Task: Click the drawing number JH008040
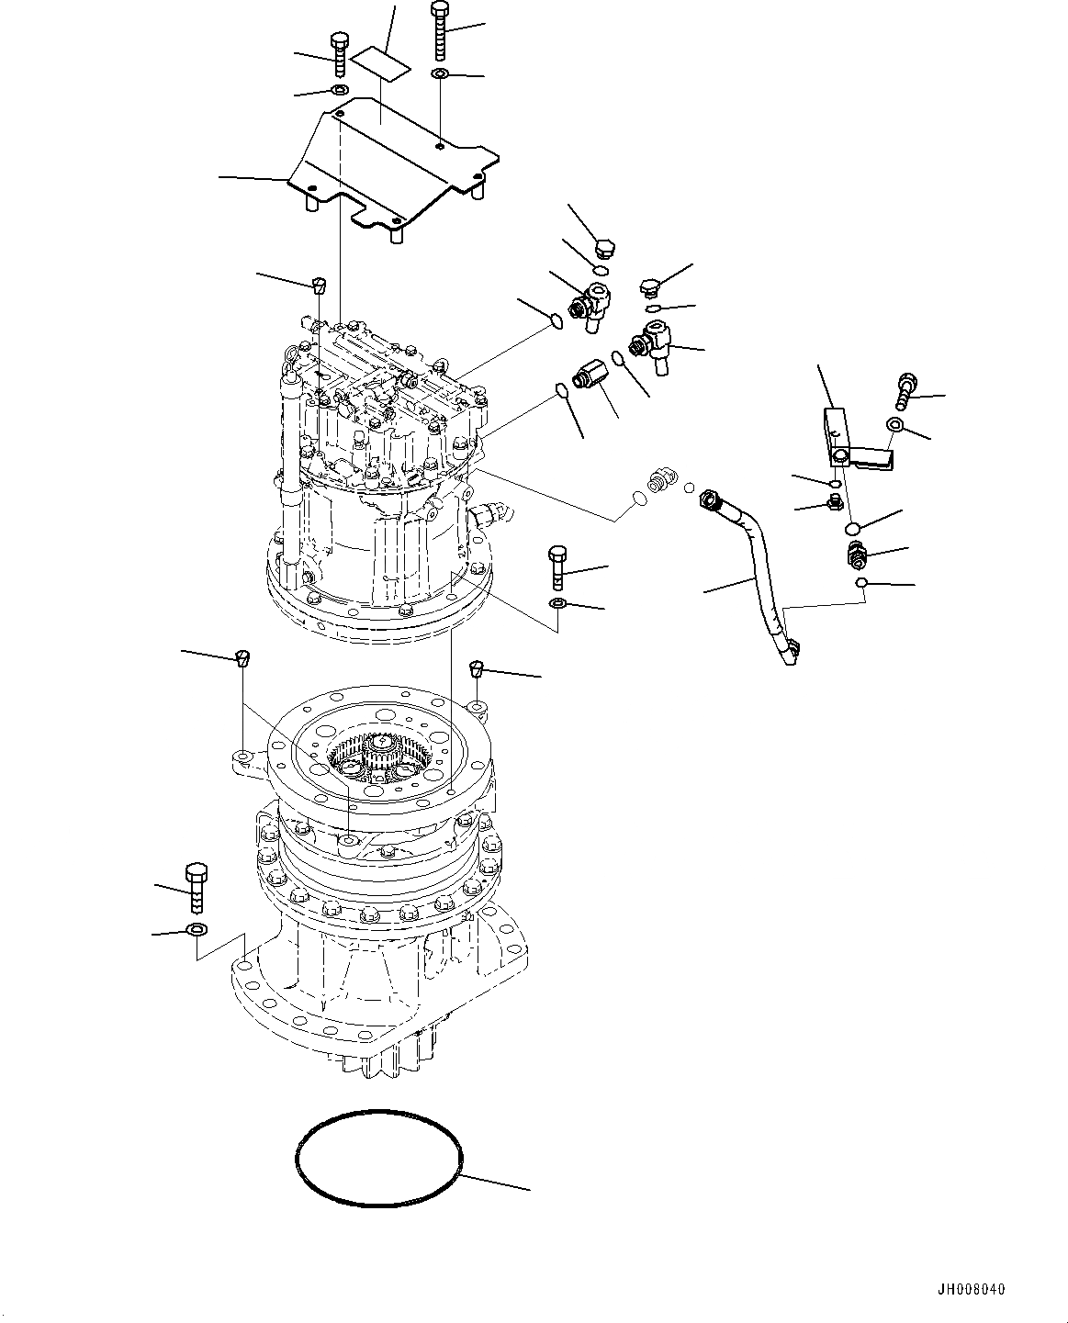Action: coord(972,1290)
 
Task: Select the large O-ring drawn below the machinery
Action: coord(378,1154)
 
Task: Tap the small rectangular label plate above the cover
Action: coord(385,64)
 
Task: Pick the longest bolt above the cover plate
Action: coord(439,29)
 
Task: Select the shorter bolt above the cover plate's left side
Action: coord(337,55)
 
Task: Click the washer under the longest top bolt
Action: coord(440,73)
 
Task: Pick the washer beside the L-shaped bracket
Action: coord(894,423)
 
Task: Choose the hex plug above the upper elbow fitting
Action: coord(604,248)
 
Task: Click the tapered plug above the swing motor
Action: coord(319,283)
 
